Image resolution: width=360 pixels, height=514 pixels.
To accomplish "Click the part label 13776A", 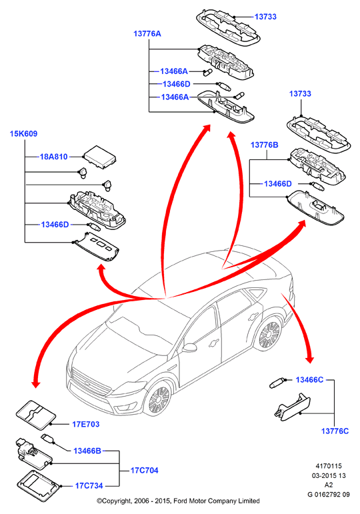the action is [147, 34].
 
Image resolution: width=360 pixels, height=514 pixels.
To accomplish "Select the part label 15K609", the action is [23, 134].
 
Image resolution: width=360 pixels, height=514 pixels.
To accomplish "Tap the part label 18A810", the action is [54, 157].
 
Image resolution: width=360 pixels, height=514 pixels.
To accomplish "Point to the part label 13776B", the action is [264, 145].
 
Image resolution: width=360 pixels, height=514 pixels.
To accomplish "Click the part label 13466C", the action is [309, 379].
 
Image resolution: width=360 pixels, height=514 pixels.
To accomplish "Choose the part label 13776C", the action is [335, 431].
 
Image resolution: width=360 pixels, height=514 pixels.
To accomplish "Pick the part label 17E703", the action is [85, 424].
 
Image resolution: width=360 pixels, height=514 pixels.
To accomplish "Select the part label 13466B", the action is [87, 451].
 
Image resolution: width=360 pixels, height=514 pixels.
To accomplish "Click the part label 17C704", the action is [144, 471].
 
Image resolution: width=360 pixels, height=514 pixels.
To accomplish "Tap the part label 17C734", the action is [89, 486].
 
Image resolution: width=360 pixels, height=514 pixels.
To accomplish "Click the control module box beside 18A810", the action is [100, 157].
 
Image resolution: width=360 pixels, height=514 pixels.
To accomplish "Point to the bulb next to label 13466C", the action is [277, 383].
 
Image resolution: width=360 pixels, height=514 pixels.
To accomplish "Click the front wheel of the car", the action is [159, 399].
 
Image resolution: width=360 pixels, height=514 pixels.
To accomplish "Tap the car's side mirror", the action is [190, 347].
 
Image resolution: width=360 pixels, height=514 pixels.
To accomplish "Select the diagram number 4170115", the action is [329, 466].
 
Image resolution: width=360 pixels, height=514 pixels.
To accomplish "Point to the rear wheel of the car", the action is [270, 335].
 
